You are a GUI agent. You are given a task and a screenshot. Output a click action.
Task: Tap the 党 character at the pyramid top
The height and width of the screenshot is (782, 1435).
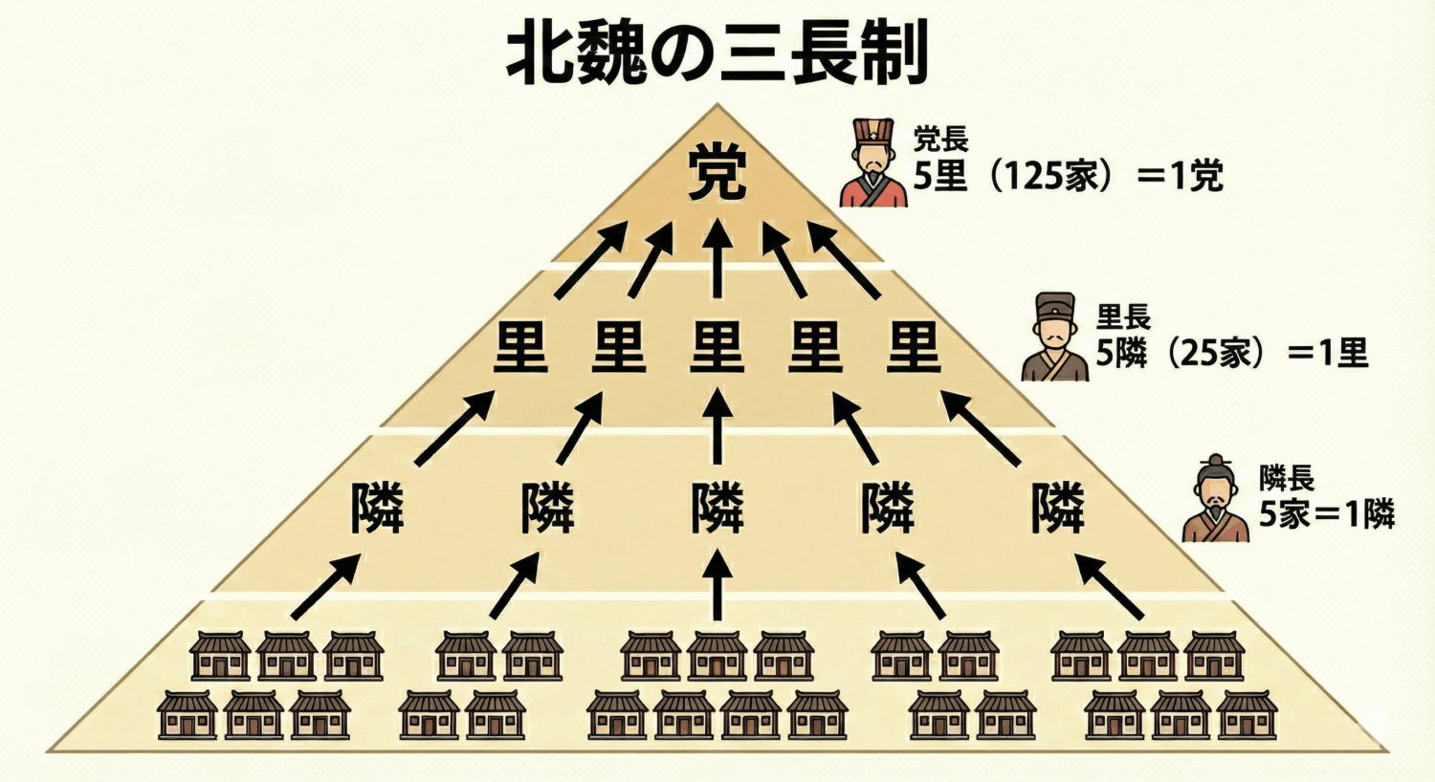(x=717, y=177)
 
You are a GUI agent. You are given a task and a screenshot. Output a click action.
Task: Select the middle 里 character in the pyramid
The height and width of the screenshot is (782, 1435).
(x=717, y=347)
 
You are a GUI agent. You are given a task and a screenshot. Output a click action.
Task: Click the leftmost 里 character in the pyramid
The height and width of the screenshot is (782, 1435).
(x=520, y=347)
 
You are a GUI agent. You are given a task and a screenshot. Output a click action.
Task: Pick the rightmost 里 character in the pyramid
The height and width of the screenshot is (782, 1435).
(x=915, y=347)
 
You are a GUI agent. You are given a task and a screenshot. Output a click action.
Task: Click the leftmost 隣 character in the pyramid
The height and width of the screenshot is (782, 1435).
(x=377, y=508)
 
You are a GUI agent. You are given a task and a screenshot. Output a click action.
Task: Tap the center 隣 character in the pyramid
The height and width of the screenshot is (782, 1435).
(x=717, y=508)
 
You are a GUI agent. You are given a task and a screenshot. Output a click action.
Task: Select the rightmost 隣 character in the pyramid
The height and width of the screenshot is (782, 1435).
(x=1058, y=508)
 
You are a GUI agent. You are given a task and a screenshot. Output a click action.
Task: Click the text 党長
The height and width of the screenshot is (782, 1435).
(x=940, y=140)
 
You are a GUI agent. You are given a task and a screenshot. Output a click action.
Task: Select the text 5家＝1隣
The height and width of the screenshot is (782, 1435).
(x=1326, y=514)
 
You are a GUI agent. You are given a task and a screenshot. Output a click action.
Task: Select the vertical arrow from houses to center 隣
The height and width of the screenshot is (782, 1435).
(x=717, y=585)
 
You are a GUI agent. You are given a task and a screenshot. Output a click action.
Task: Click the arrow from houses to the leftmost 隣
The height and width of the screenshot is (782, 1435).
(x=325, y=587)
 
